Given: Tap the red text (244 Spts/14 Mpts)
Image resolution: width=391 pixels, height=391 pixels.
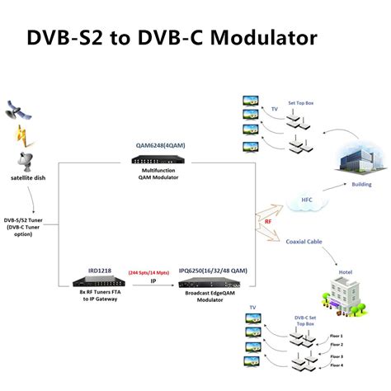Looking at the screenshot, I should tap(152, 271).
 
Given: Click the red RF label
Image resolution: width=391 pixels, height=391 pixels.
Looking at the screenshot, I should tap(268, 221).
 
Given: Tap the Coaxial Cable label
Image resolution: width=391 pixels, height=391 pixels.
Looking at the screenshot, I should tap(304, 242).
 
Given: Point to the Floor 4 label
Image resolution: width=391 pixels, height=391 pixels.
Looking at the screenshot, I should tap(336, 364).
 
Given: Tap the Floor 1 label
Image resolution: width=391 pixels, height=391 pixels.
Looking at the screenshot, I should tap(336, 336).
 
